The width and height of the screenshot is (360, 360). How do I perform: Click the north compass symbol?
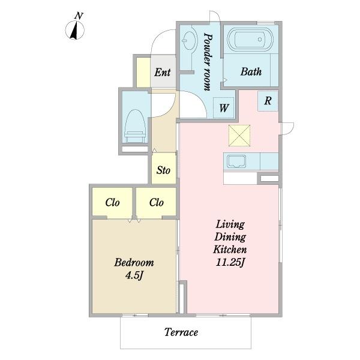pos(75,31)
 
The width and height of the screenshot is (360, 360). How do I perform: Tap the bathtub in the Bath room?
pos(250,39)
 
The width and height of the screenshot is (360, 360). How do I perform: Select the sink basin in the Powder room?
pos(190,41)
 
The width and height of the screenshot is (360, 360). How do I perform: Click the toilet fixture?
pos(135,126)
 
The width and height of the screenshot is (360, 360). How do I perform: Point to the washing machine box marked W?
pos(224,107)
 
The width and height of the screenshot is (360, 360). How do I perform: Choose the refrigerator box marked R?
pos(268,101)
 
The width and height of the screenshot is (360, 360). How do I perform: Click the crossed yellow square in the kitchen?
pos(239,136)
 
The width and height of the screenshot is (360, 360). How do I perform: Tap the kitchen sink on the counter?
pos(236,161)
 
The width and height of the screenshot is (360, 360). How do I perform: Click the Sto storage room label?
pos(163,170)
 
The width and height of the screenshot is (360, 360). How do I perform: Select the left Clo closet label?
pos(113,203)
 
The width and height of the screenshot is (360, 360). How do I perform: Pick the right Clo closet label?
pos(157,203)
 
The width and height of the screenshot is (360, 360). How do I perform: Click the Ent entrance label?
pos(163,73)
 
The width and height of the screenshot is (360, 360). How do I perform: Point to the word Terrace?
pos(181,332)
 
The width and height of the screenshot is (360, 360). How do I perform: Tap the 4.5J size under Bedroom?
pos(134,275)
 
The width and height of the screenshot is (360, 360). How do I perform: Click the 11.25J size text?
pos(230,262)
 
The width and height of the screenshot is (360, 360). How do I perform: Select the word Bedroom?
pos(134,262)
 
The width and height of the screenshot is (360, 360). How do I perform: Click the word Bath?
pos(251,71)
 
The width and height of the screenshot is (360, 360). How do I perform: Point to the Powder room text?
pos(208,62)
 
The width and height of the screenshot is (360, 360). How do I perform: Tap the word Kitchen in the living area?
pos(230,250)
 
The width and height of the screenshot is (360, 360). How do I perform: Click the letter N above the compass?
pos(79,16)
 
